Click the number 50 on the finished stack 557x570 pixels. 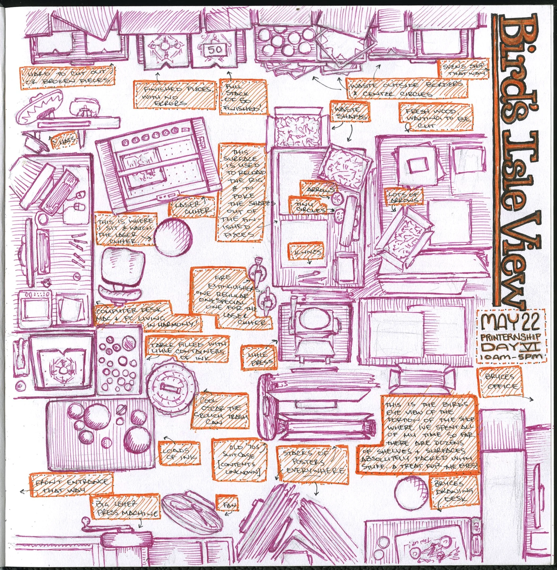pos(215,50)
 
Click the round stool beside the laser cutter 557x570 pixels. pos(173,236)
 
